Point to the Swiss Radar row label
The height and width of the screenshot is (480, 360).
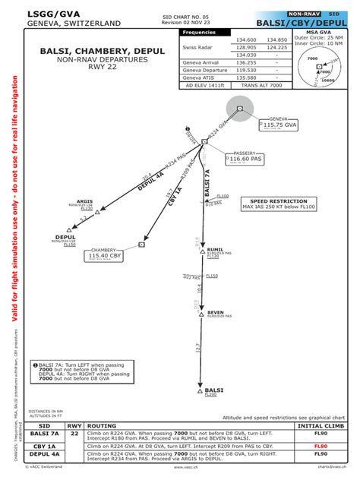coord(196,48)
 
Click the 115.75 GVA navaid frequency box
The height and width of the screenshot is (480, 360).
coord(276,127)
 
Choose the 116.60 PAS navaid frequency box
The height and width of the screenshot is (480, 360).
coord(246,159)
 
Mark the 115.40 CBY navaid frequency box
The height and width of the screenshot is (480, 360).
coord(106,256)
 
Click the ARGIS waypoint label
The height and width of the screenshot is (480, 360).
coord(85,201)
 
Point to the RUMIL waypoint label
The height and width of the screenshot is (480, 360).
coord(215,248)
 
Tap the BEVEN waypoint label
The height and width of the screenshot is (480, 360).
coord(216,312)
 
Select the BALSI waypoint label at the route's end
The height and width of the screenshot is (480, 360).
coord(214,390)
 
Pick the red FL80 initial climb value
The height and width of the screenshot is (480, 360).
coord(321,446)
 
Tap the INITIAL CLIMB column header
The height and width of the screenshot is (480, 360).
coord(321,426)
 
